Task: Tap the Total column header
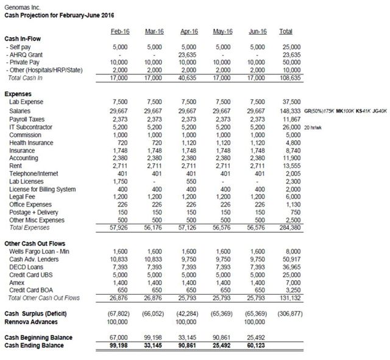tap(285, 30)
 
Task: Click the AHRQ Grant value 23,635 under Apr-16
tap(191, 54)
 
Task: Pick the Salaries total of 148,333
tap(288, 111)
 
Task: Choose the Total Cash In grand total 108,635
tap(288, 78)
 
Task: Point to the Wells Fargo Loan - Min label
tap(36, 250)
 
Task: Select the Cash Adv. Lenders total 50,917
tap(289, 258)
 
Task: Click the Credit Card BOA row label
tap(30, 290)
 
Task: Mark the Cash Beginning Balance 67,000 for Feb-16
tap(120, 337)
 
